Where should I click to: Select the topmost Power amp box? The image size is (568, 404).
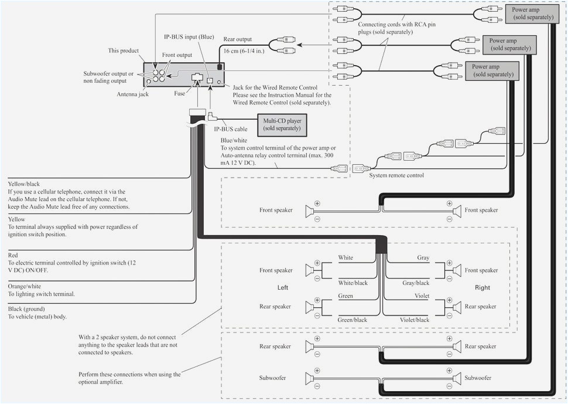[x=532, y=13]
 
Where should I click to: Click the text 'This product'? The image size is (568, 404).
[x=123, y=51]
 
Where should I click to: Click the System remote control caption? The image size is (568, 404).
[x=396, y=175]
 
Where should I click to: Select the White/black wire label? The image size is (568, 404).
[x=353, y=283]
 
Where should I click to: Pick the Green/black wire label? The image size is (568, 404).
[x=353, y=320]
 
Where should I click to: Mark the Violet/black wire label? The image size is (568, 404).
[x=415, y=320]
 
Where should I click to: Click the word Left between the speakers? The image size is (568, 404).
[x=283, y=288]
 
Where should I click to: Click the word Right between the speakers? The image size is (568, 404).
[x=483, y=288]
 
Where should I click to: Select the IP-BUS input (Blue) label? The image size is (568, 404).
[x=189, y=36]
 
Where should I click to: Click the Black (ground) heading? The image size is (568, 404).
[x=26, y=308]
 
